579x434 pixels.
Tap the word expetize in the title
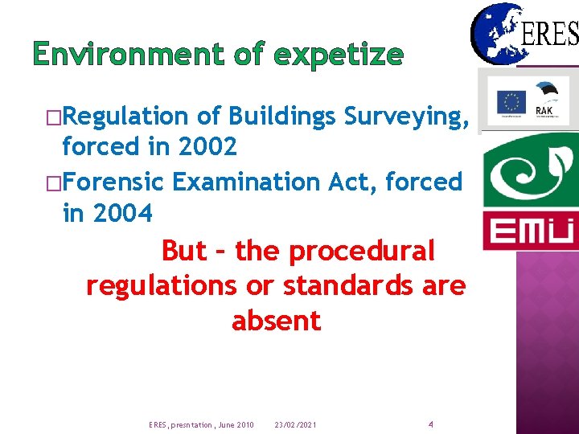tap(339, 54)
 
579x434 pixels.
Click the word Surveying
tap(401, 117)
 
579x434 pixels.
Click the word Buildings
tap(281, 117)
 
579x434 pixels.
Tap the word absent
tap(276, 321)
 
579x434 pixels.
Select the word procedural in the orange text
tap(362, 252)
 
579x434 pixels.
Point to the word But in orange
tap(184, 252)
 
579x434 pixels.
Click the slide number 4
tap(431, 424)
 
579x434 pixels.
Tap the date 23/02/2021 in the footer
tap(295, 424)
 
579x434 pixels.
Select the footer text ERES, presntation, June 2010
tap(202, 424)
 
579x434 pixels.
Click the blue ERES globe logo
tap(496, 33)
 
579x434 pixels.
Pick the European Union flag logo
tap(511, 102)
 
